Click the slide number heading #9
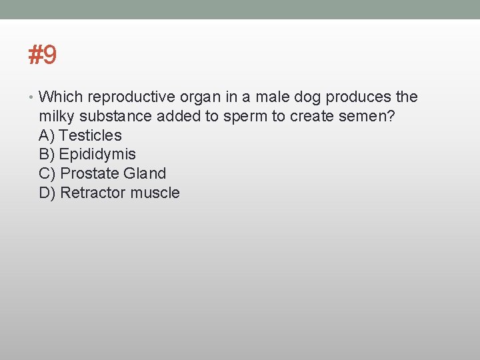coord(43,55)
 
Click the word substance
coord(118,116)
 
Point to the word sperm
coord(245,117)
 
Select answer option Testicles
coord(90,135)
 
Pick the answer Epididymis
coord(97,155)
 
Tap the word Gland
coord(145,173)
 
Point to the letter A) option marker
coord(47,135)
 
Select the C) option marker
coord(47,173)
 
